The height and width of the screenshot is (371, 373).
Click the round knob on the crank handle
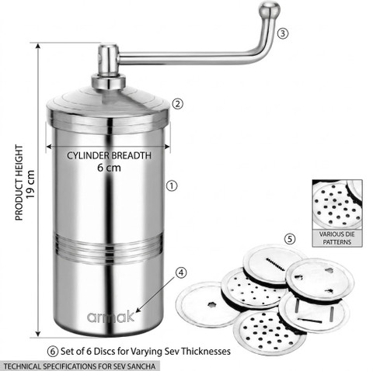[x=270, y=9]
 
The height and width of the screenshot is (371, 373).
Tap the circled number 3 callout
[x=283, y=33]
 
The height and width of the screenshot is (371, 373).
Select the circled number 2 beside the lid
[x=178, y=104]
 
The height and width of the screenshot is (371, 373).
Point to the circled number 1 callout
[x=172, y=185]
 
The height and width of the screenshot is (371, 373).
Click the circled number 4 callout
[x=181, y=272]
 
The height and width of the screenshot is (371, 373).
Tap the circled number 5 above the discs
[x=290, y=239]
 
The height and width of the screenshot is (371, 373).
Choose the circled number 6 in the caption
[x=53, y=352]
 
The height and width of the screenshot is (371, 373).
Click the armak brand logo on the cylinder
[x=110, y=317]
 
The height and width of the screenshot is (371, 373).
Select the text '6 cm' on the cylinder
[x=109, y=168]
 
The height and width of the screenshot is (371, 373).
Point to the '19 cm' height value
[x=30, y=184]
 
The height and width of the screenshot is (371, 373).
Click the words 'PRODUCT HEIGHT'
[x=19, y=182]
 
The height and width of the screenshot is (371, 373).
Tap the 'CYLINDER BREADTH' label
[x=109, y=156]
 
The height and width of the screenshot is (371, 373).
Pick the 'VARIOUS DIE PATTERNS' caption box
[x=337, y=238]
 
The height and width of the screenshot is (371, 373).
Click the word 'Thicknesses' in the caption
[x=206, y=352]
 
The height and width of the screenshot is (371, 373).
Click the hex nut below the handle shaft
[x=108, y=82]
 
